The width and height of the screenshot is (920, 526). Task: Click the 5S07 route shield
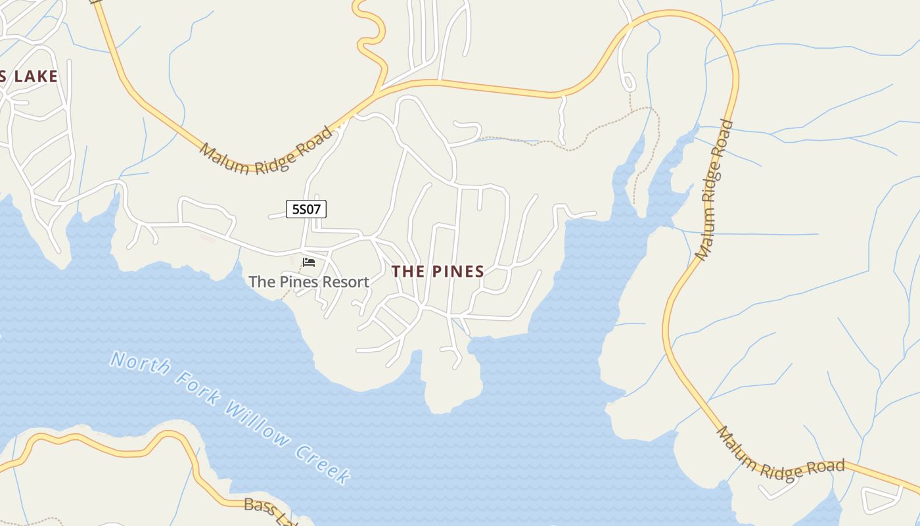[x=306, y=209]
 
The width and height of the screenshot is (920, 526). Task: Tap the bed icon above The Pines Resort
[x=309, y=262]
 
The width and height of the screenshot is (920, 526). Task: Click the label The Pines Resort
[x=309, y=282]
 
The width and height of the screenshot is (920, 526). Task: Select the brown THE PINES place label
[x=438, y=271]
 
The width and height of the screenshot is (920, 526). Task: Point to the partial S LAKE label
[x=29, y=76]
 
